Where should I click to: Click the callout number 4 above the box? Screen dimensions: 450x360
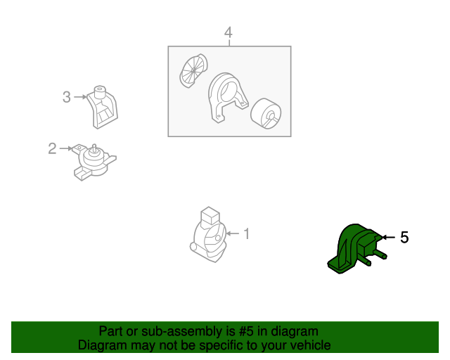tap(228, 33)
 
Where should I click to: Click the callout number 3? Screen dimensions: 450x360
tap(67, 97)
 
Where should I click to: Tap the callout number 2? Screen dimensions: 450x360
tap(52, 148)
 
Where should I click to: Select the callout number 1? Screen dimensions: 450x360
tap(247, 233)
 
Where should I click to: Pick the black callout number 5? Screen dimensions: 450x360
tap(404, 238)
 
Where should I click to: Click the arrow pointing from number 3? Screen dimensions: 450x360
tap(80, 97)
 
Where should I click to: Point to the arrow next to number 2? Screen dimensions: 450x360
tap(66, 148)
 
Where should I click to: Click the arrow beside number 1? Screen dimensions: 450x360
tap(233, 233)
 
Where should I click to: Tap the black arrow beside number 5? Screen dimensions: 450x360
tap(389, 237)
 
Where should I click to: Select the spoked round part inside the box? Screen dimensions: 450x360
tap(193, 70)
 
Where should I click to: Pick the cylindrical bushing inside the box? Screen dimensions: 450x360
tap(266, 114)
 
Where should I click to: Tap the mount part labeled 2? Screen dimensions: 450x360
tap(94, 162)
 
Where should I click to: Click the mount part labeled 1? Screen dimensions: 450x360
tap(208, 235)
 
